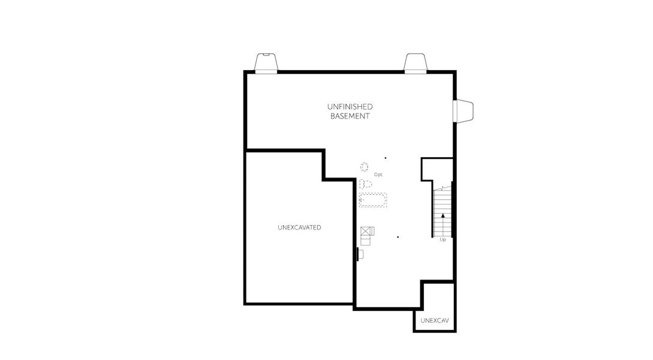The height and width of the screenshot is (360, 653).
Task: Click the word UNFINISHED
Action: (350, 107)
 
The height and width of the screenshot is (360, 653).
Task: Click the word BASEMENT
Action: (350, 116)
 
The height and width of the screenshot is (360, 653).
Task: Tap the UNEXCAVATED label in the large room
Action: (299, 227)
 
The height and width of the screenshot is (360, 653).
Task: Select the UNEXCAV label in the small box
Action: (434, 320)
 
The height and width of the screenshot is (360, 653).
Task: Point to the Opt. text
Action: (378, 175)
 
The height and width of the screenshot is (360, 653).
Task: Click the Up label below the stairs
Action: (443, 239)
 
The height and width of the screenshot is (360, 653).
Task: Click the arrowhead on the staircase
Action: (443, 214)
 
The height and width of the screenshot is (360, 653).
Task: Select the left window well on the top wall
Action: (266, 62)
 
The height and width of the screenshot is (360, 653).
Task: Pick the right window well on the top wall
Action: (415, 62)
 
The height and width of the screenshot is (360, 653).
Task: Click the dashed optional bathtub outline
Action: (373, 200)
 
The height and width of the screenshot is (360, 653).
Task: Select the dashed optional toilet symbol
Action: (365, 184)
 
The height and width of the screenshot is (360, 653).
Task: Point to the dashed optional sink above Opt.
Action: (364, 166)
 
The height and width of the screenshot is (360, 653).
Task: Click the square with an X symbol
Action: (366, 230)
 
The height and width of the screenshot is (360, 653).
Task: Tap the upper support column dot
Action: (386, 158)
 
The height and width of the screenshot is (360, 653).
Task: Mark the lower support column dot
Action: (398, 237)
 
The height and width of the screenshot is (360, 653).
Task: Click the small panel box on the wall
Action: (360, 254)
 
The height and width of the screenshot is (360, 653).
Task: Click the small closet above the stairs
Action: (436, 169)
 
